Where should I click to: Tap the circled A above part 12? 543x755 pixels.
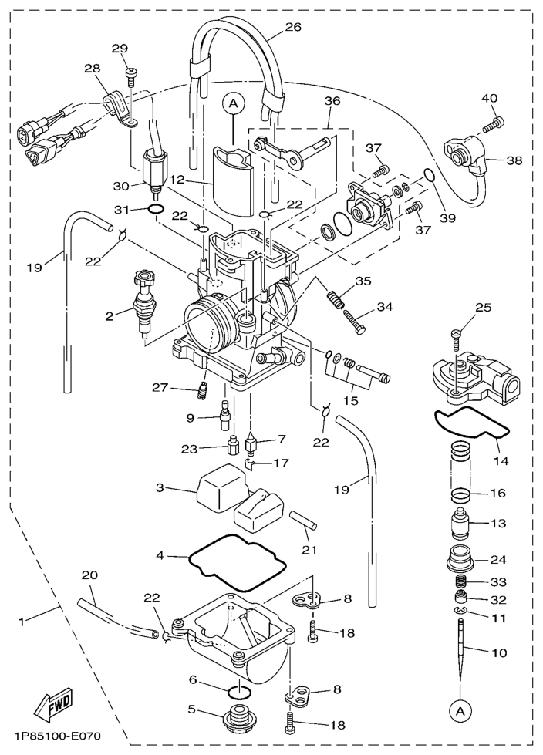pyautogui.click(x=232, y=101)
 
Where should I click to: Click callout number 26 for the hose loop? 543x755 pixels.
pyautogui.click(x=293, y=27)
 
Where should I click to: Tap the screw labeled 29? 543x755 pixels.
pyautogui.click(x=132, y=75)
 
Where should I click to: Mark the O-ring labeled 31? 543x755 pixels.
pyautogui.click(x=154, y=209)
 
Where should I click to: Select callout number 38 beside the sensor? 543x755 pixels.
pyautogui.click(x=515, y=161)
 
